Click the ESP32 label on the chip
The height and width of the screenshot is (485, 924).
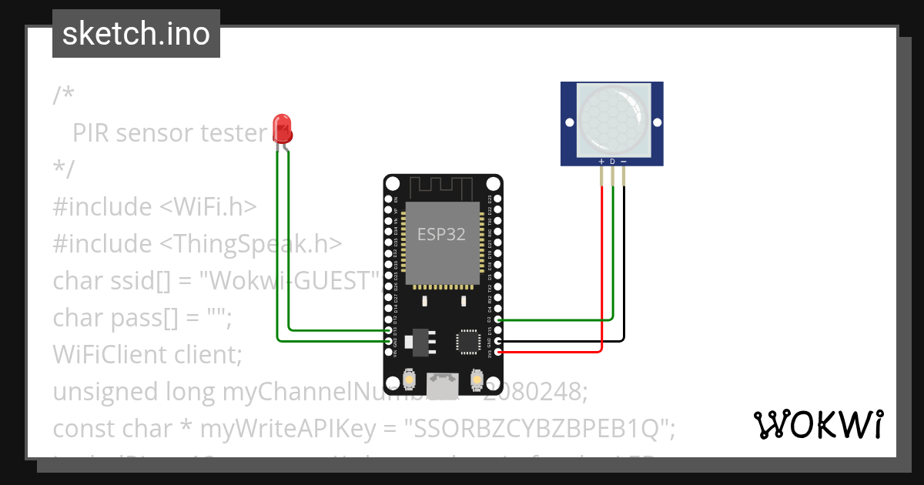coord(441,235)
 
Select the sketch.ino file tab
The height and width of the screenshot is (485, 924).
coord(136,34)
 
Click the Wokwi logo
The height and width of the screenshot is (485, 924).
coord(818,424)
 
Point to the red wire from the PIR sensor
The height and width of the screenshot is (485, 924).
coord(601,269)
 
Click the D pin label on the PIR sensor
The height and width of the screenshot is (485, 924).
coord(612,162)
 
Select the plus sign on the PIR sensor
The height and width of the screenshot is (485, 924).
coord(601,162)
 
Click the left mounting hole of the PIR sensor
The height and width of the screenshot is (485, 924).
coord(570,122)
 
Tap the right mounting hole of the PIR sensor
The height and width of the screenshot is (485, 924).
coord(657,122)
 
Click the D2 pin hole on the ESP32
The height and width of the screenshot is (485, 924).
coord(500,319)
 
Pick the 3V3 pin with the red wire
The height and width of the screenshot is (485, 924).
coord(500,353)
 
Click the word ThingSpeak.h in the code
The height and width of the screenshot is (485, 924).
coord(250,243)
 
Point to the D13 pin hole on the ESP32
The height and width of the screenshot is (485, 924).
coord(387,330)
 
